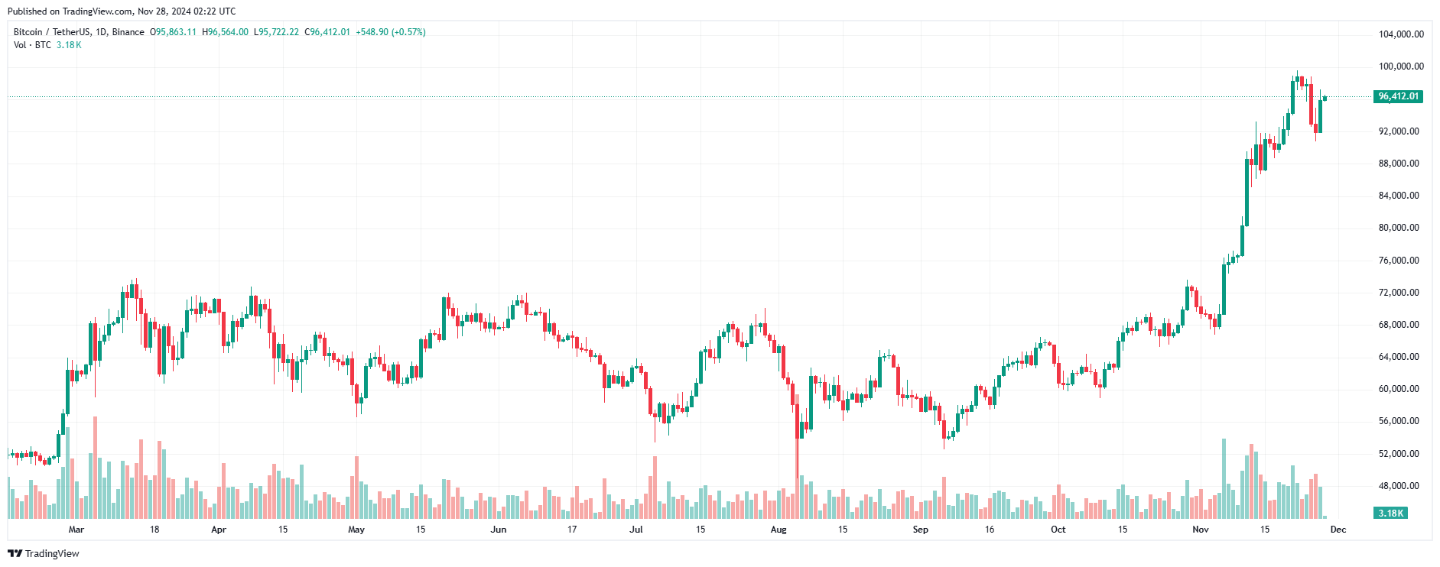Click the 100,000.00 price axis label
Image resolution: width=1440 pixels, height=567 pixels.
click(1401, 66)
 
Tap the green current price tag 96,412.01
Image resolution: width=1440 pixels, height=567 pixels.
click(1398, 96)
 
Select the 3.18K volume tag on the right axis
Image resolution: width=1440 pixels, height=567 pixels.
click(1391, 513)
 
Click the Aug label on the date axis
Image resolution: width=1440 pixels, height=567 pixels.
click(779, 530)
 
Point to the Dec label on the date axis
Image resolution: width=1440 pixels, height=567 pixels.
click(1338, 530)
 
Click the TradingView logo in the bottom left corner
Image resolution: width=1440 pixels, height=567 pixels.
click(44, 553)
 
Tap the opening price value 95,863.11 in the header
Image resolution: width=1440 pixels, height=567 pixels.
click(176, 32)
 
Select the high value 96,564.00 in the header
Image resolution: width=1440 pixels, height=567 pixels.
click(228, 32)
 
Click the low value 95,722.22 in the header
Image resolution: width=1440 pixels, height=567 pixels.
click(279, 32)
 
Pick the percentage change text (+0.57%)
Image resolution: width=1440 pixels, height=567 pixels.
click(408, 32)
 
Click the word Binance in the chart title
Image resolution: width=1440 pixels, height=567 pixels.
click(128, 32)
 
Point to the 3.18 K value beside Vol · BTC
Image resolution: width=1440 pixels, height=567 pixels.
click(69, 45)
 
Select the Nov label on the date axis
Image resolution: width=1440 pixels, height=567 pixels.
click(1201, 530)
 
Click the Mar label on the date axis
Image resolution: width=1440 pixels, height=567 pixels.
click(76, 530)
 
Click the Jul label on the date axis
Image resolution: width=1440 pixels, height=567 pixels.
click(636, 530)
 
